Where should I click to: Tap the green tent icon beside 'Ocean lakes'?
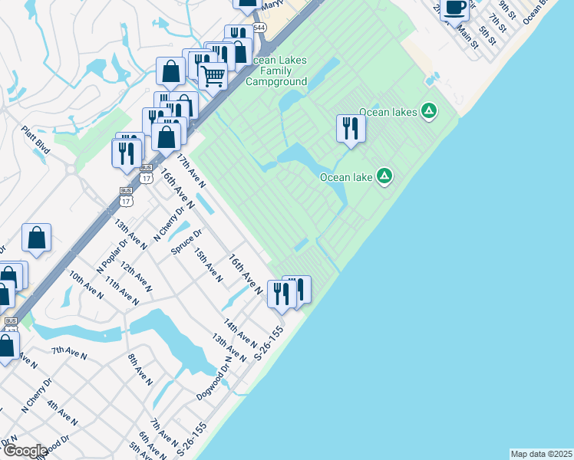coord(430,112)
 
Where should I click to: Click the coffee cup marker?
coord(454,8)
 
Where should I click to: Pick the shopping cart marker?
coord(213,76)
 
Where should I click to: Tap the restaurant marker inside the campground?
coord(351,127)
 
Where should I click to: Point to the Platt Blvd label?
coord(36,140)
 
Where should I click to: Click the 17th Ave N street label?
coord(192,170)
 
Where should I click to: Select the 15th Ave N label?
coord(208,264)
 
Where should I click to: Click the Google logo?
coord(25,451)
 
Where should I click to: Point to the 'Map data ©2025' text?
coord(541,454)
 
